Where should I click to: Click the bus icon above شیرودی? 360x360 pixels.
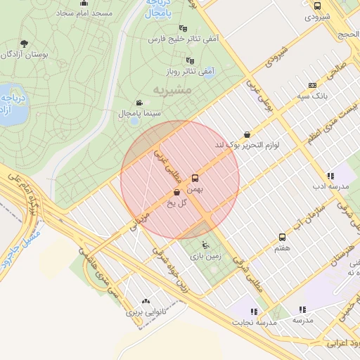point(317,6)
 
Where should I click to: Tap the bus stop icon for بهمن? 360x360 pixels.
point(195,178)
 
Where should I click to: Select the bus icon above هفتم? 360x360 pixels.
point(282,237)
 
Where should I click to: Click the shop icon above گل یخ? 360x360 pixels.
point(176,192)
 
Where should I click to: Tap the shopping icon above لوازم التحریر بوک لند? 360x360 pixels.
point(247,134)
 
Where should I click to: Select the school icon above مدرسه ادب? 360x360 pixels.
point(330,176)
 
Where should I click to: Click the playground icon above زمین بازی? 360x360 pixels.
point(205,245)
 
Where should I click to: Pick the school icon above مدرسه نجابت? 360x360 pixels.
point(254,310)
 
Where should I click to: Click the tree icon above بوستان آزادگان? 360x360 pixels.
point(25,44)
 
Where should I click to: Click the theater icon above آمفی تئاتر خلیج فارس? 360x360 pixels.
point(183,27)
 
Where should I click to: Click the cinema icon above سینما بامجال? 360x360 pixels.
point(139,102)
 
